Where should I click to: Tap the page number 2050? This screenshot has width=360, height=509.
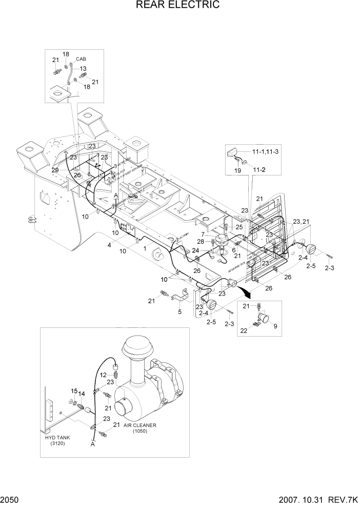pos(11,500)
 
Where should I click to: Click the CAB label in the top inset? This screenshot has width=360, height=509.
pos(81,59)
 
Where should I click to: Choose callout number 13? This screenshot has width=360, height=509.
pos(83,68)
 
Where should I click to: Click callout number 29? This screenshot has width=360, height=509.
pos(55,169)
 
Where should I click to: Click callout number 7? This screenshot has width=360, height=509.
pos(210,234)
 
